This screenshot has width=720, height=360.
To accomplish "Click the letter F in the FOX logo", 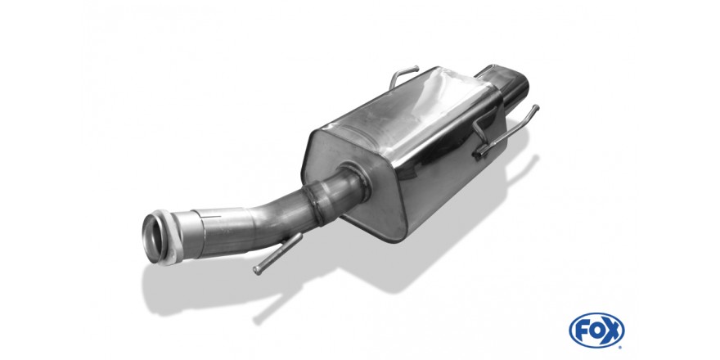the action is [582, 331].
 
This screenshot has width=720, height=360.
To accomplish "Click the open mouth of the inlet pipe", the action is [153, 238].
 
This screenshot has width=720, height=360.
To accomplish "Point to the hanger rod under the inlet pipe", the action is [278, 254].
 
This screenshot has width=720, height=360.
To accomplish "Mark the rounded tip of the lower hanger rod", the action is [257, 272].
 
